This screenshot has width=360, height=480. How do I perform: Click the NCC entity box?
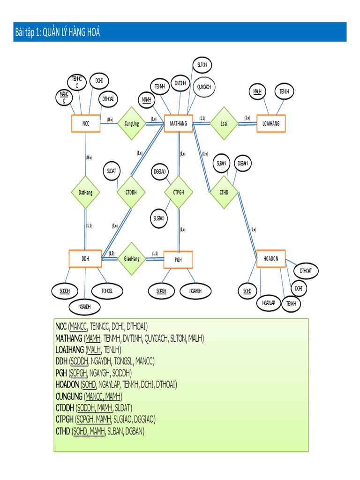click(85, 124)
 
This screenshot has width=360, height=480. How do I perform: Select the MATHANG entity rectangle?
click(178, 124)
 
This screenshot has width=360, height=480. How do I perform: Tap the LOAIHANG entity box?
click(270, 124)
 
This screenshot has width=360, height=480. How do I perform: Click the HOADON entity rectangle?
click(271, 259)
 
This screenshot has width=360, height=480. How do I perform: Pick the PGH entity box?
click(178, 259)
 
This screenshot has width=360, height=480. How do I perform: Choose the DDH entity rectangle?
click(85, 258)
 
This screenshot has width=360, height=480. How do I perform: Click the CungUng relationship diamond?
click(132, 124)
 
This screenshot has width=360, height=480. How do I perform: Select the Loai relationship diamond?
click(224, 124)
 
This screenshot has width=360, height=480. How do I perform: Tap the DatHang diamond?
click(85, 192)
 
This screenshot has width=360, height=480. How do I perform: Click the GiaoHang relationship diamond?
click(132, 259)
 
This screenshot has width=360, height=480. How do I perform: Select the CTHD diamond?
click(224, 192)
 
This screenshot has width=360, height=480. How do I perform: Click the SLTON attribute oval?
click(202, 65)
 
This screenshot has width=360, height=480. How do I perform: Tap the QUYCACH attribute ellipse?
click(203, 87)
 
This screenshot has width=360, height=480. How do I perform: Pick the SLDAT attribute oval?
click(111, 172)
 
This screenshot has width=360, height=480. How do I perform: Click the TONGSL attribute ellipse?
click(107, 291)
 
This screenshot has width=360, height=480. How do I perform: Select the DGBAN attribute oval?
click(242, 163)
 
